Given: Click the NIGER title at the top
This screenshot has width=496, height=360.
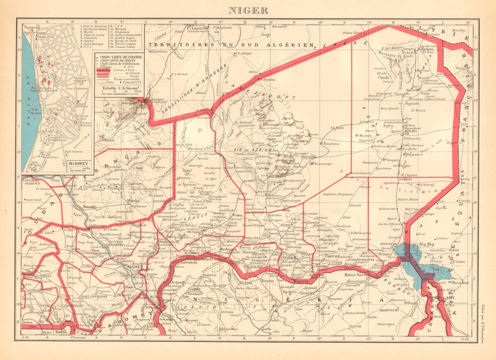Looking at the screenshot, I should pos(248,10).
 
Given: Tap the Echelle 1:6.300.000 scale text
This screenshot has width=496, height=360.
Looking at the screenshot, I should pos(119,88).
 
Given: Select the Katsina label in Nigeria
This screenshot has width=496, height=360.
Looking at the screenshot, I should pos(268,281).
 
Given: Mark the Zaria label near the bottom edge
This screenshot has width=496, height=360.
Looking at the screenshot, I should pos(266,329).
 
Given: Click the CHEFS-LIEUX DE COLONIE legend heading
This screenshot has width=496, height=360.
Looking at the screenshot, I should pos(118,56).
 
